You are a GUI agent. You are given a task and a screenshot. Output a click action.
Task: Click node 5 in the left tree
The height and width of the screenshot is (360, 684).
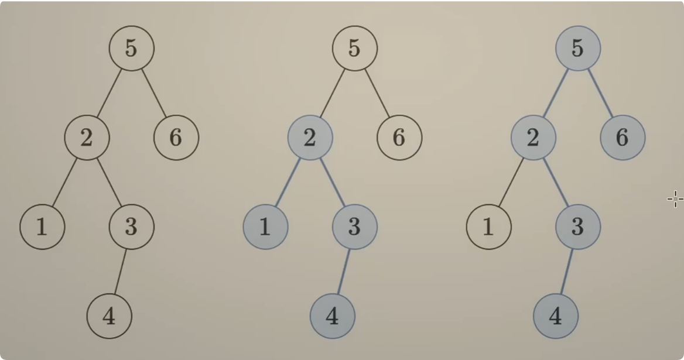click(131, 48)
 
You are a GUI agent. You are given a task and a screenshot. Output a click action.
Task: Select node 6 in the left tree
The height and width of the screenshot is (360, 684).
click(176, 138)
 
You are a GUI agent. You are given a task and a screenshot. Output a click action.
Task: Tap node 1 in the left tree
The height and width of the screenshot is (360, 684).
click(42, 227)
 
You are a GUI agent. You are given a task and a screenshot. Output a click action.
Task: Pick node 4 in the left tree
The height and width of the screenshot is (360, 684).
click(109, 316)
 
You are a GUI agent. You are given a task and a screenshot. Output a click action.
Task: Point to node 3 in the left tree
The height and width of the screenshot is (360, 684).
click(131, 227)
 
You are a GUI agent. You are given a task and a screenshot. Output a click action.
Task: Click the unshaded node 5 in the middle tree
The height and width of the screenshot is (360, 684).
click(354, 48)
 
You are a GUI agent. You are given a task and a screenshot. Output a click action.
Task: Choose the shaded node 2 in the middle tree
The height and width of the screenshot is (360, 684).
click(310, 138)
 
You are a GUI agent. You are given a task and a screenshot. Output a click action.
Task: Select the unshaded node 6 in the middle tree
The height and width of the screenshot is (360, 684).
click(399, 138)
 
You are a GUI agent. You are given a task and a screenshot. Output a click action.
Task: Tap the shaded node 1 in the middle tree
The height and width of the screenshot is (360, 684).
click(265, 227)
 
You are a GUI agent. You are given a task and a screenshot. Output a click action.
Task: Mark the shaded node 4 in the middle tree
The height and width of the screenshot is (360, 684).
click(332, 316)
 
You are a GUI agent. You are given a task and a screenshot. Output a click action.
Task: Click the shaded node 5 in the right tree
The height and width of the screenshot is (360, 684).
click(577, 48)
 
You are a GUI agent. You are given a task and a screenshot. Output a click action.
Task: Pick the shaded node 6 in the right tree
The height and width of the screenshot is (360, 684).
click(623, 138)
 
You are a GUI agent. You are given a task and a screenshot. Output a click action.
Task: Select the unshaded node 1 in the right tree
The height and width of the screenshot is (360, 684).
click(488, 227)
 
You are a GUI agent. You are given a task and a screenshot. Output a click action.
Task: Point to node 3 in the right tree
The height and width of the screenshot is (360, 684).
click(577, 227)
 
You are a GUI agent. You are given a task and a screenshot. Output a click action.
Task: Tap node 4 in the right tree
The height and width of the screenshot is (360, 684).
click(555, 316)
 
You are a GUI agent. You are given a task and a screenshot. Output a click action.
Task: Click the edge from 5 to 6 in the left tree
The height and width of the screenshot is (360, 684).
click(154, 92)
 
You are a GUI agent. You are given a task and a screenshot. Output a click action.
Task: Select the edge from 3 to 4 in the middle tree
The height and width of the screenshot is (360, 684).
click(343, 272)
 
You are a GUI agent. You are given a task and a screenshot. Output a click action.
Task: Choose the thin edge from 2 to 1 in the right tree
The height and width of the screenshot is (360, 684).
click(511, 182)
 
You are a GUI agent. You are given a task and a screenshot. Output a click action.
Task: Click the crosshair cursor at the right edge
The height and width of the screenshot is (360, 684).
click(675, 199)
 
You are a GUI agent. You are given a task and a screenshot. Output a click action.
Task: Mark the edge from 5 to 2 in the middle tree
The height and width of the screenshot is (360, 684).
click(332, 92)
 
